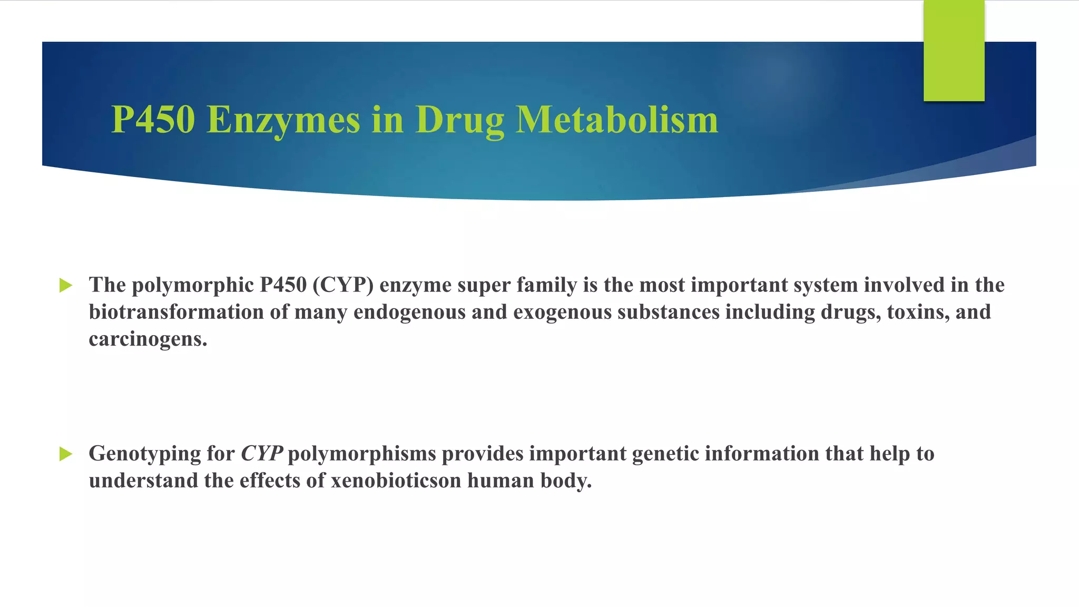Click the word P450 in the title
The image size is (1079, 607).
pos(153,120)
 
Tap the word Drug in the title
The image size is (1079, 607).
pos(459,121)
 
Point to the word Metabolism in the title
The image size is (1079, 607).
pos(616,120)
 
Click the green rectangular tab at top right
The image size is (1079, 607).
pos(954,51)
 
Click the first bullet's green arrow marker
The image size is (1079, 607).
pos(66,286)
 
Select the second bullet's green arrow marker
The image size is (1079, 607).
pos(66,454)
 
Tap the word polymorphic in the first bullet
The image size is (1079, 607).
pos(192,286)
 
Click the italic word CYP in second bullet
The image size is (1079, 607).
pos(261,454)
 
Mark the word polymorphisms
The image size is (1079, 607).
pos(362,454)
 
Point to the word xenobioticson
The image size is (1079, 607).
pos(396,481)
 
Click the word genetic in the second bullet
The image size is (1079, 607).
pos(665,454)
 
